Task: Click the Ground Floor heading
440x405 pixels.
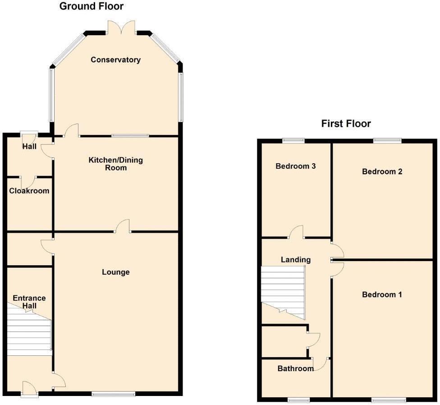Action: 92,6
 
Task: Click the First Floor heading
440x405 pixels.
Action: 346,124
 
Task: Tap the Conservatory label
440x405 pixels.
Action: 115,60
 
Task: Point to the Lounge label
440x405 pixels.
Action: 115,272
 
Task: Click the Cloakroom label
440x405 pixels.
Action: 29,191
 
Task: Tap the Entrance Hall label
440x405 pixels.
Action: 29,302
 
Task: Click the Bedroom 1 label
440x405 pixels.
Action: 382,295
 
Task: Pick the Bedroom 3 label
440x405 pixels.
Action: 295,166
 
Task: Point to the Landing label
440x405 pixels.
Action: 295,259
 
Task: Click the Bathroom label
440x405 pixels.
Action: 295,368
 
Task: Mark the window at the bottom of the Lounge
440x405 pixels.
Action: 113,394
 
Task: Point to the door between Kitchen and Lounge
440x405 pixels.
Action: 123,226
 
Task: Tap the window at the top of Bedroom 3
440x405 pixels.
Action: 293,140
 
